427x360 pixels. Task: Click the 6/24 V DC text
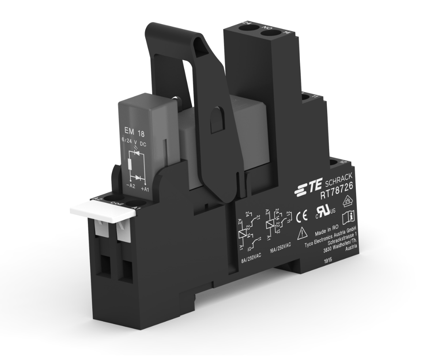tap(134, 144)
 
